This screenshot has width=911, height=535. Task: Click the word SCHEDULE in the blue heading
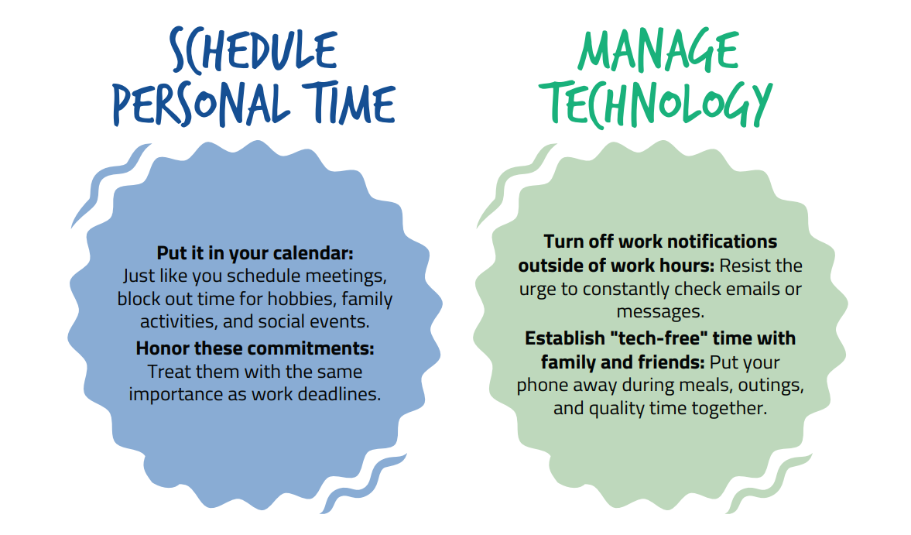[x=253, y=51]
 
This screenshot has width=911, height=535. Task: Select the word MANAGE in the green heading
[x=658, y=50]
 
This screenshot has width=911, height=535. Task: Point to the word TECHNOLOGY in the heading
[x=656, y=104]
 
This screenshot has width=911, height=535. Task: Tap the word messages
[x=660, y=312]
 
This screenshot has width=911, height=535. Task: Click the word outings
[x=771, y=386]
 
